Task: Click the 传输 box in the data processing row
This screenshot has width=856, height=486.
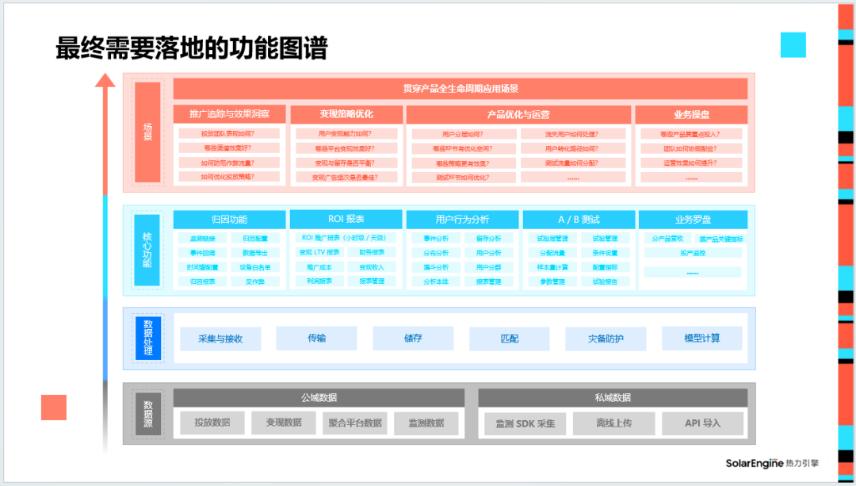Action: pyautogui.click(x=316, y=339)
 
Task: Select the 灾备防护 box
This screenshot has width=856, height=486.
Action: pyautogui.click(x=606, y=339)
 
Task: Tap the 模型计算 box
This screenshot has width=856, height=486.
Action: pyautogui.click(x=702, y=339)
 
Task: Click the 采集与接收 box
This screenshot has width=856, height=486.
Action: pyautogui.click(x=220, y=339)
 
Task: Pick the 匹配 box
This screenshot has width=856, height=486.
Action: pyautogui.click(x=509, y=339)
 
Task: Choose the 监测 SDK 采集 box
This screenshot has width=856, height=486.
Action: pyautogui.click(x=525, y=423)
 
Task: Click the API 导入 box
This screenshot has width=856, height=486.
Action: pyautogui.click(x=702, y=423)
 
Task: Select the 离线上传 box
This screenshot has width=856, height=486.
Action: pyautogui.click(x=613, y=423)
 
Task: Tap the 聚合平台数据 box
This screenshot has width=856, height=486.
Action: pyautogui.click(x=355, y=423)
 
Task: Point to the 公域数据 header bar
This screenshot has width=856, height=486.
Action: pyautogui.click(x=319, y=397)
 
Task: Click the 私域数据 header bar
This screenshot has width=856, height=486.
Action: pyautogui.click(x=613, y=397)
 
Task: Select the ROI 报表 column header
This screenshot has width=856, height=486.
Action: pyautogui.click(x=346, y=219)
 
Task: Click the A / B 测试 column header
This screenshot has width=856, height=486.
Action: pyautogui.click(x=579, y=219)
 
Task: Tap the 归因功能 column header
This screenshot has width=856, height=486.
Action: pyautogui.click(x=229, y=219)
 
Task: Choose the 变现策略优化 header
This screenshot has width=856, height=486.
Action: pyautogui.click(x=346, y=114)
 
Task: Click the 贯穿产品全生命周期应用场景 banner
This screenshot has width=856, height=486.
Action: pyautogui.click(x=460, y=89)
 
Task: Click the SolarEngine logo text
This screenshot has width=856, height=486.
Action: pyautogui.click(x=754, y=463)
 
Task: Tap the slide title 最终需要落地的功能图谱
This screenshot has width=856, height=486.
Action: pyautogui.click(x=191, y=48)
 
